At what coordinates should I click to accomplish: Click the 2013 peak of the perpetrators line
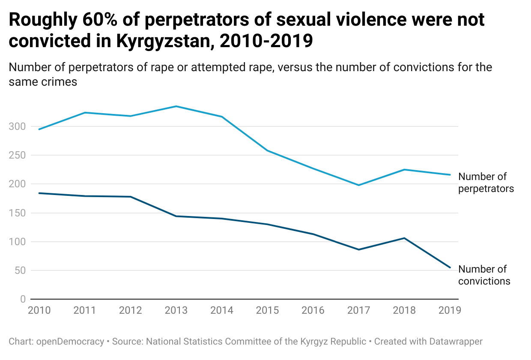tap(176, 106)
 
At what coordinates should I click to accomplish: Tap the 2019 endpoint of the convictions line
tap(450, 267)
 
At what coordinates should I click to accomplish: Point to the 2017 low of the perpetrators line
tap(358, 185)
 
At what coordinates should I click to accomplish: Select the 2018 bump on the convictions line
tap(404, 238)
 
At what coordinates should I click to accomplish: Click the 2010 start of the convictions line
tap(39, 193)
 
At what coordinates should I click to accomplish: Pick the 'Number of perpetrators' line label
tap(486, 183)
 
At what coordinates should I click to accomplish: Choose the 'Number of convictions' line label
tap(484, 275)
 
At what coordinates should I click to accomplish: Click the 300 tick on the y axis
tap(18, 126)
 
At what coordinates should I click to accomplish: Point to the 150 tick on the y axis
tap(18, 213)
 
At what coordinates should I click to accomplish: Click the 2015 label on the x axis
tap(267, 310)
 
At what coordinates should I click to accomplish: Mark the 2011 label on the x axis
tap(85, 310)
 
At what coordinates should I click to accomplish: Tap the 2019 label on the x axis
tap(450, 310)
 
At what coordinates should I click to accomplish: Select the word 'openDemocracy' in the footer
tap(70, 342)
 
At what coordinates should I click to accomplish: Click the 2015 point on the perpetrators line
tap(267, 150)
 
